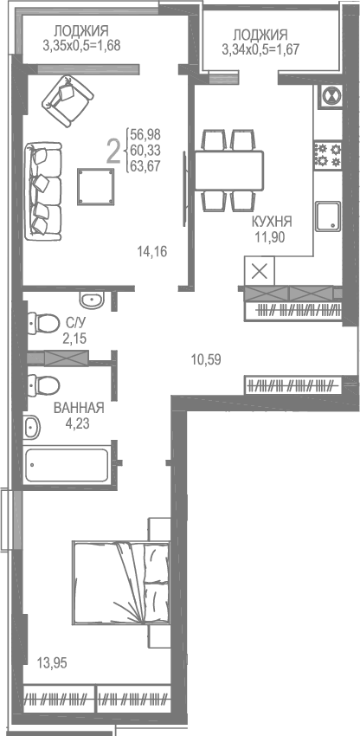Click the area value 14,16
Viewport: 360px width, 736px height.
coord(151,252)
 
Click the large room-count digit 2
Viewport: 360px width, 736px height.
coord(112,151)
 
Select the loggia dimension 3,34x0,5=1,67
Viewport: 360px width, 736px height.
coord(260,48)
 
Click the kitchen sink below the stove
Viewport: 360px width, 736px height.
coord(328,214)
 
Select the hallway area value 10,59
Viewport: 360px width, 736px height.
coord(205,358)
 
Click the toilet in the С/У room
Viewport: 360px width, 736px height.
coord(38,323)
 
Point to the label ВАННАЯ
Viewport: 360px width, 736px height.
coord(79,409)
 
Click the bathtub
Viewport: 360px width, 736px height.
coord(67,465)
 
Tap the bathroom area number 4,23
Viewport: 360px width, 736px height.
coord(79,424)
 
